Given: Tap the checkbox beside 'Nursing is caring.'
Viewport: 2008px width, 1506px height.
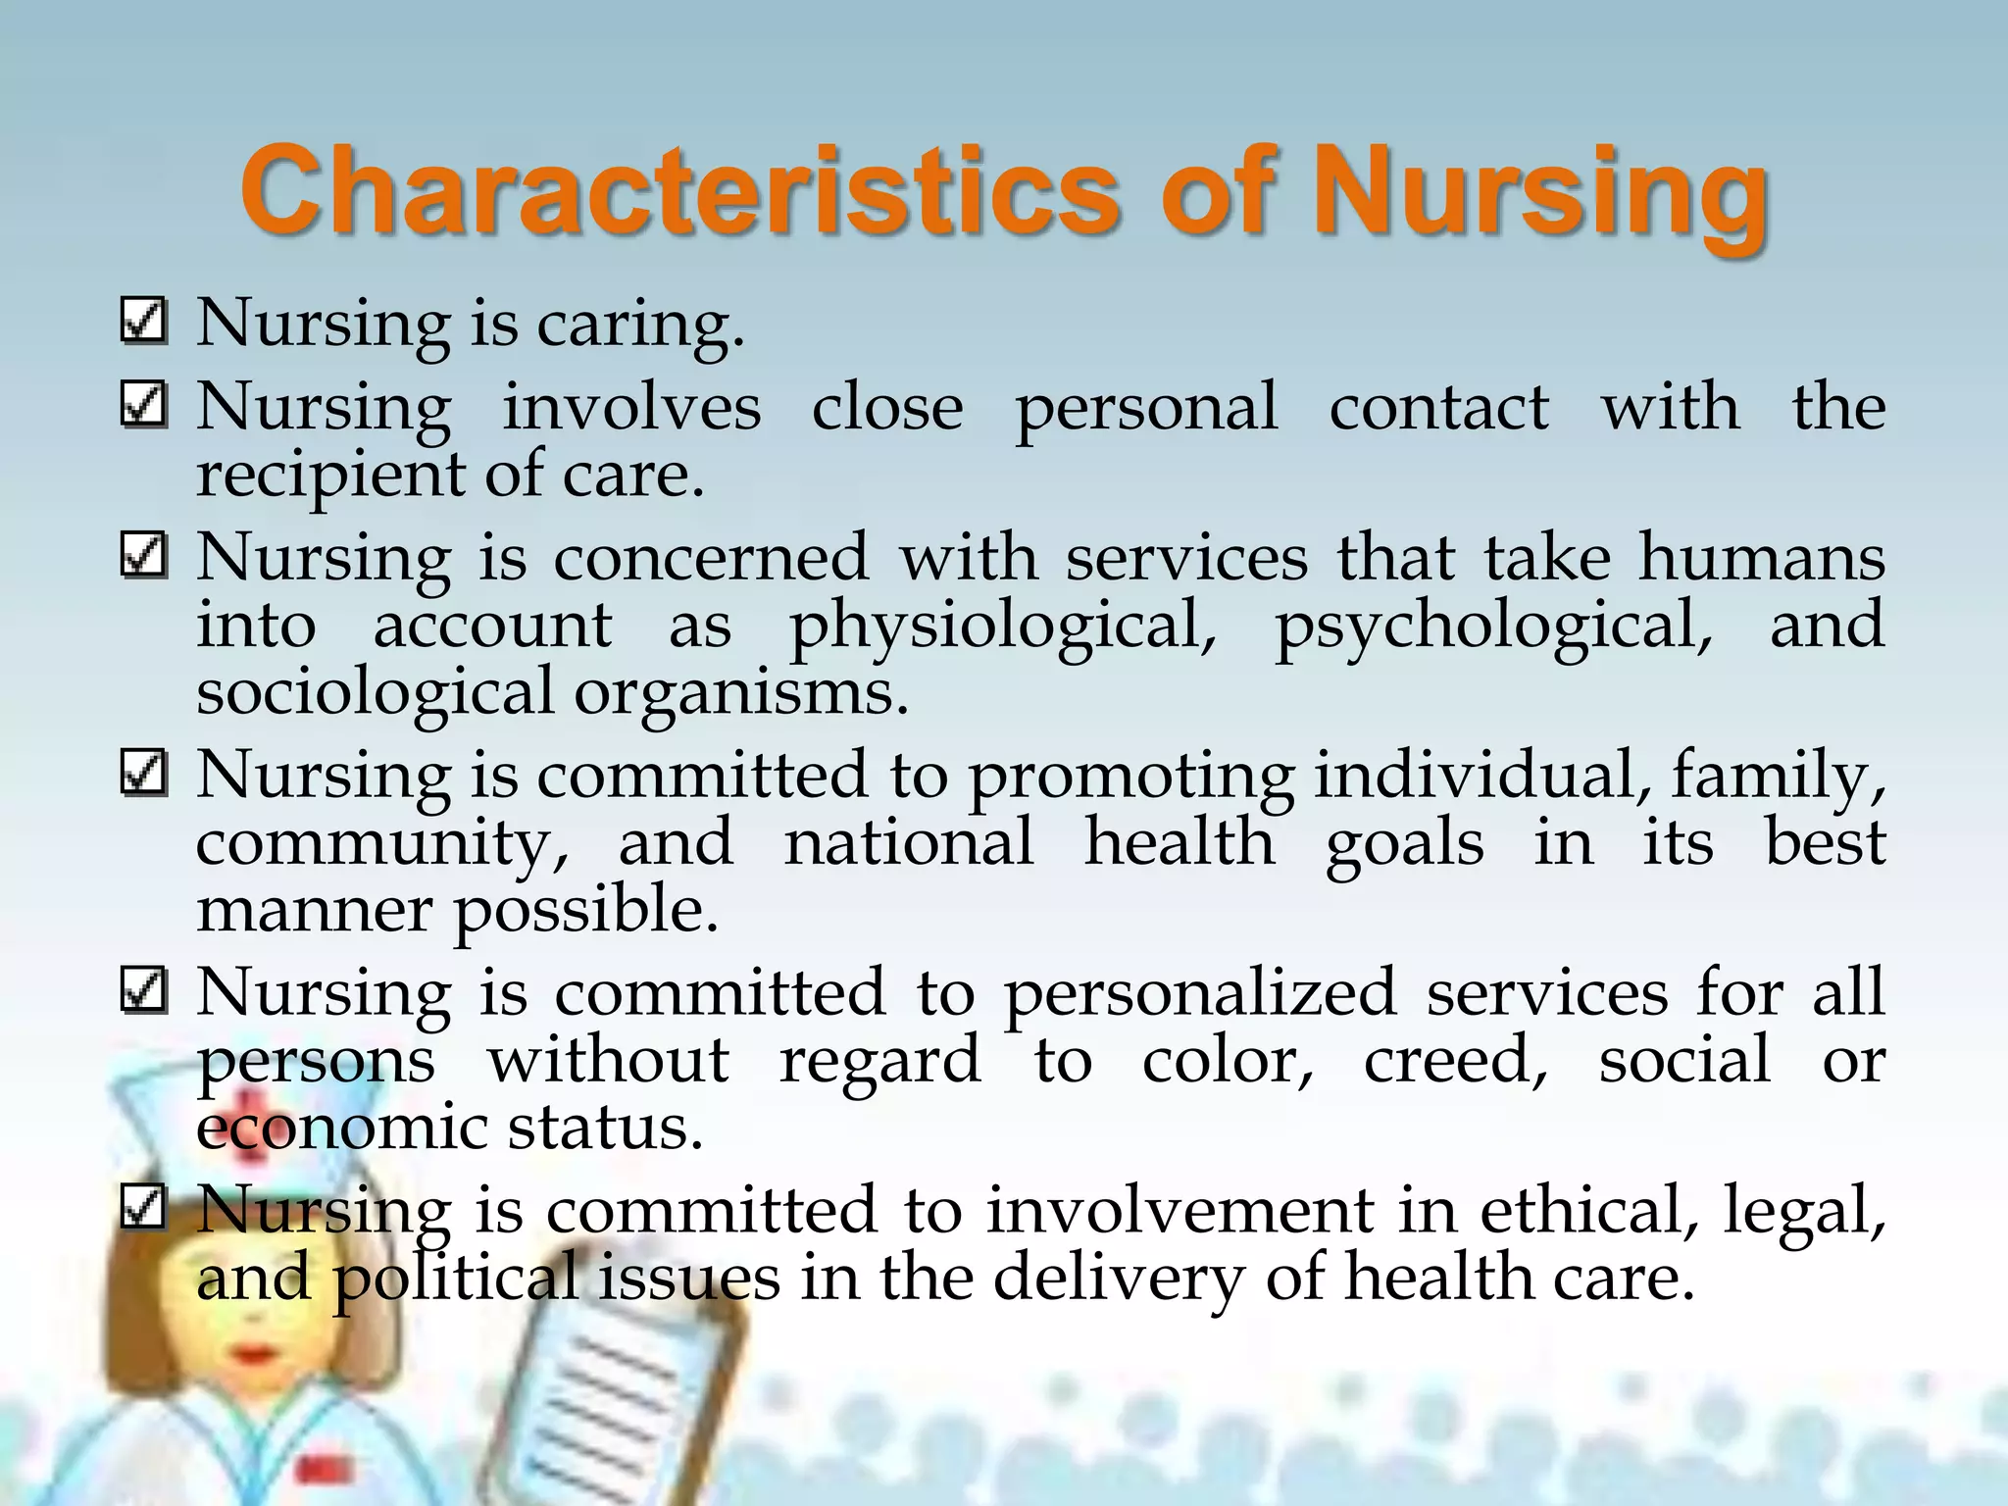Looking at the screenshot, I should point(143,322).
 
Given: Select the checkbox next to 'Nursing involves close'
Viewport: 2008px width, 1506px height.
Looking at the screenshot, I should point(143,405).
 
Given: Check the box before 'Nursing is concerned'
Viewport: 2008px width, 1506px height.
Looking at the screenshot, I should point(143,556).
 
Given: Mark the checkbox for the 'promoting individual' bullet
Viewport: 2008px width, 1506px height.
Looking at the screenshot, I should point(143,775).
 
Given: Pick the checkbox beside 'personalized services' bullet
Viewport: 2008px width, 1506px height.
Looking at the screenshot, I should point(143,991).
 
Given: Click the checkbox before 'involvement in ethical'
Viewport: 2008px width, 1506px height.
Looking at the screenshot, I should point(143,1208).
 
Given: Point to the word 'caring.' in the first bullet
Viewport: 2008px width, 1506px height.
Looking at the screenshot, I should point(640,326).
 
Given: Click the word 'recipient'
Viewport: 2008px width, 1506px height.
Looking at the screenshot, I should point(330,477).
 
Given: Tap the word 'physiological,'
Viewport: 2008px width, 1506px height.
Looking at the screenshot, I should point(1003,628).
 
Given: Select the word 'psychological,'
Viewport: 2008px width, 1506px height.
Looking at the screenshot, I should point(1493,628).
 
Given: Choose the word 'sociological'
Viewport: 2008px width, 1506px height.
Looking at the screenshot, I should point(375,694).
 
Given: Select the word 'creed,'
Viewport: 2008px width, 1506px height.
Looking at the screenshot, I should point(1455,1062).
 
